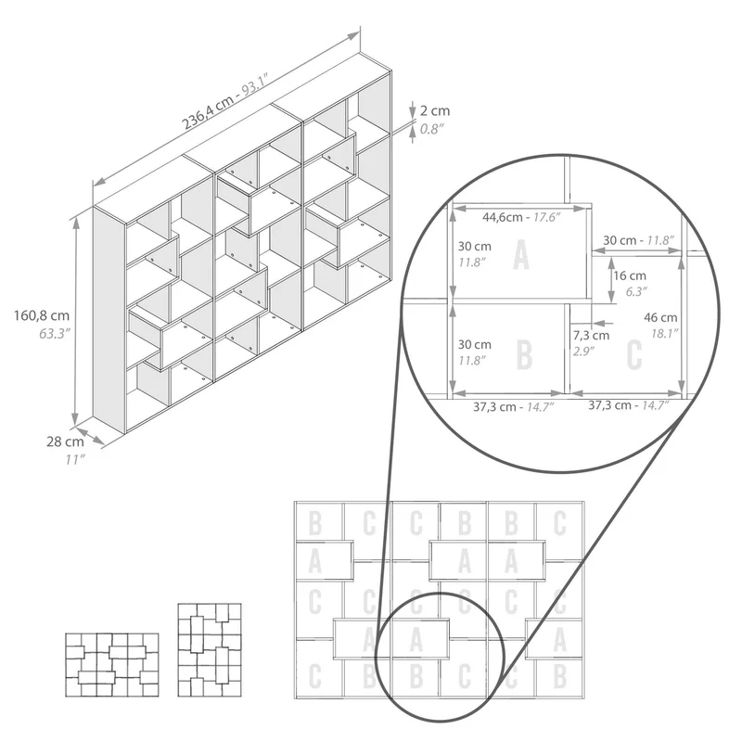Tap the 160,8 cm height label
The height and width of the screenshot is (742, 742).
42,315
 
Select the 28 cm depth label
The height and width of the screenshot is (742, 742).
65,441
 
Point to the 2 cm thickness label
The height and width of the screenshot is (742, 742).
435,110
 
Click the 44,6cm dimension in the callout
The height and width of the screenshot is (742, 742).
502,217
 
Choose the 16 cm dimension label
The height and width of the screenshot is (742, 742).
630,275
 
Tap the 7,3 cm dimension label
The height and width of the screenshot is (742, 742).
592,335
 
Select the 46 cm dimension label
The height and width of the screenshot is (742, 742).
660,317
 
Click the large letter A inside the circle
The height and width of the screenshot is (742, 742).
521,254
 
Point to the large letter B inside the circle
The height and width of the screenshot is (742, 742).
524,354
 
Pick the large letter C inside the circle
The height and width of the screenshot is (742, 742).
634,354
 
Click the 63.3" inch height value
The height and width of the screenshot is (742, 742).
55,334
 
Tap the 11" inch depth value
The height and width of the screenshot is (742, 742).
75,459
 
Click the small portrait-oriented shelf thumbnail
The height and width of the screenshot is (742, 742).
210,650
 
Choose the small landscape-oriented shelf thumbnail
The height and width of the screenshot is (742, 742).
111,665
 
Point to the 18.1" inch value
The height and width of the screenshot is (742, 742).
665,334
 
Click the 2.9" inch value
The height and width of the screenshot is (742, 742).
583,352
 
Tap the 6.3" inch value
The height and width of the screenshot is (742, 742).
636,291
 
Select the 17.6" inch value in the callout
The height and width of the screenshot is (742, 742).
546,217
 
